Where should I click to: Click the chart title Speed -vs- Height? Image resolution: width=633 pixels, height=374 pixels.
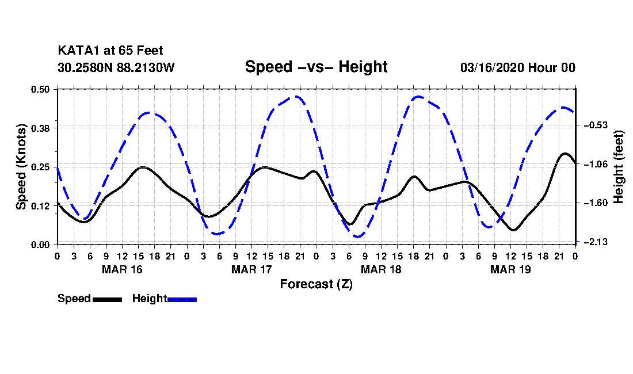click(x=316, y=67)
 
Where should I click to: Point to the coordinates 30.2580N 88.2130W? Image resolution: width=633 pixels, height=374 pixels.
click(x=116, y=68)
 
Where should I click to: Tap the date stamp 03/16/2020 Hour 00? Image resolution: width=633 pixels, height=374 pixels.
click(x=517, y=68)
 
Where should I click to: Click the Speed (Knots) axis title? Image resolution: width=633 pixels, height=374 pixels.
click(x=21, y=167)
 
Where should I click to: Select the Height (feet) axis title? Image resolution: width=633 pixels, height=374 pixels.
click(x=619, y=167)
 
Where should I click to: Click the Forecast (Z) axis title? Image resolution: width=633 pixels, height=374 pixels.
click(x=316, y=284)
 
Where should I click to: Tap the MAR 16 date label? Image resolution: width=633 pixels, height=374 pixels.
click(x=122, y=269)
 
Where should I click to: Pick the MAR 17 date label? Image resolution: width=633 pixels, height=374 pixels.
click(x=251, y=269)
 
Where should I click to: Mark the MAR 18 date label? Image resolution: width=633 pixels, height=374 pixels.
click(x=381, y=269)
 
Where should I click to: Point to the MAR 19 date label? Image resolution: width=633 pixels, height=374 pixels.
click(x=510, y=269)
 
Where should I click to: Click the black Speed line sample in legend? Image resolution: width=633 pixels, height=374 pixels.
click(x=107, y=299)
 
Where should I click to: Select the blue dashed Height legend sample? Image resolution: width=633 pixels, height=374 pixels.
click(x=182, y=299)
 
